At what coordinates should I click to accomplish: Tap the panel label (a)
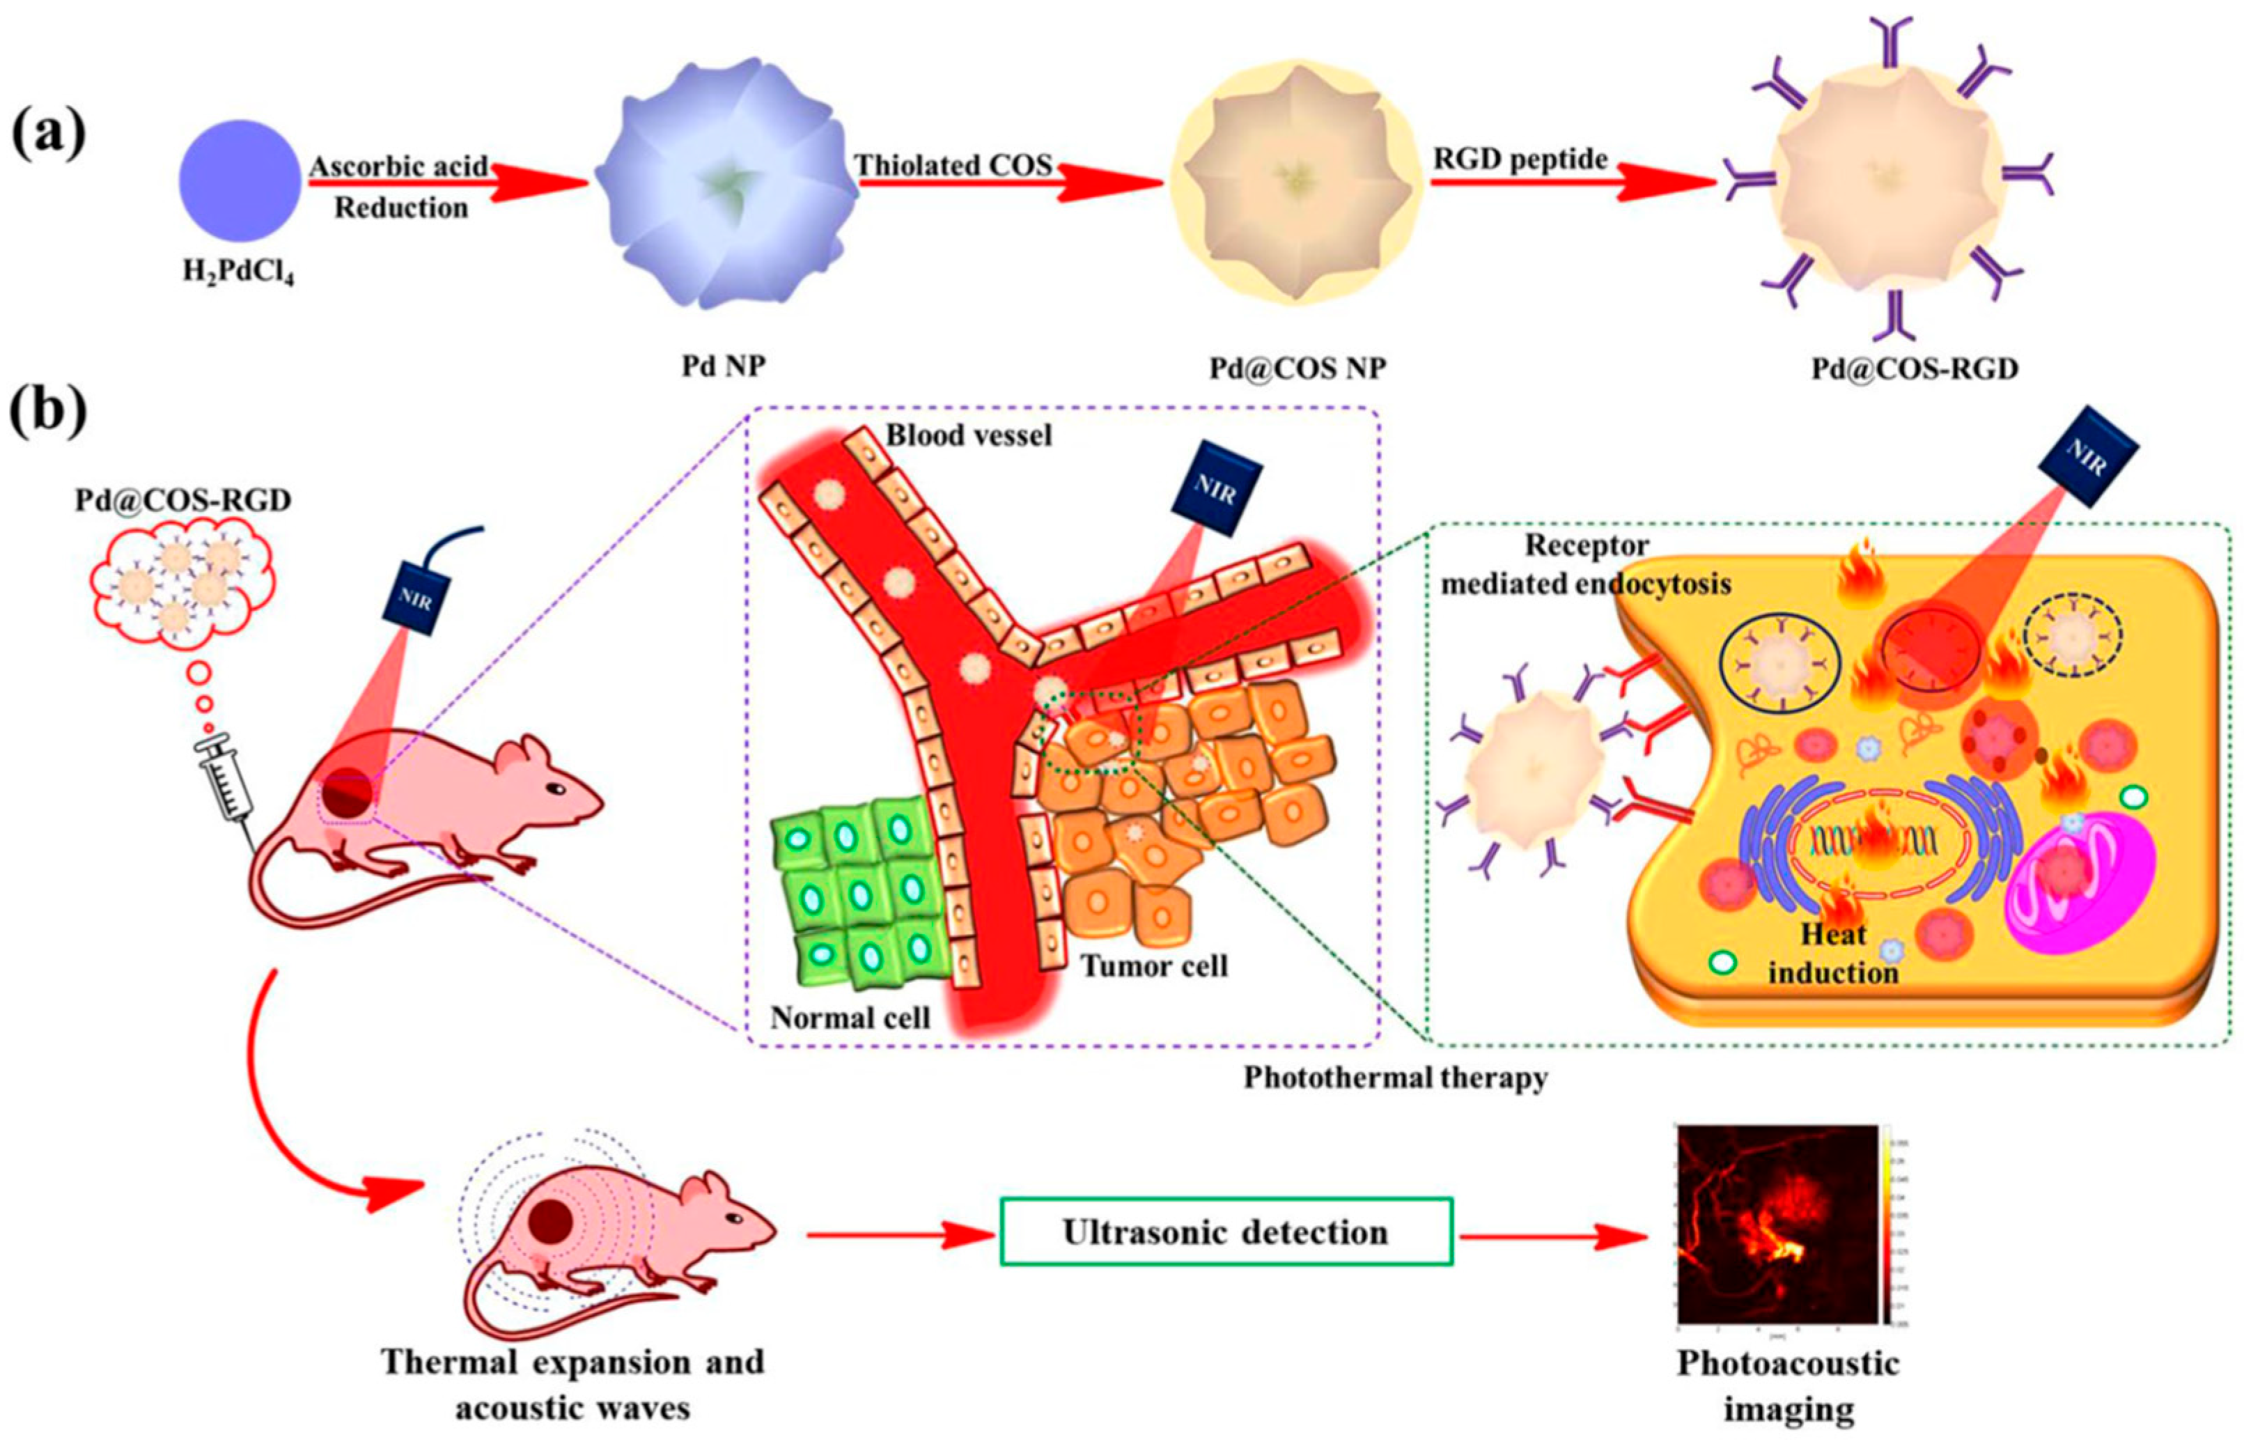49,134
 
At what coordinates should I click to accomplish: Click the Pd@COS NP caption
1296,368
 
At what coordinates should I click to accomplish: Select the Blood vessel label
969,435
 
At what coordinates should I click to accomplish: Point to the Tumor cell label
1154,965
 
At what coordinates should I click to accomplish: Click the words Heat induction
1832,954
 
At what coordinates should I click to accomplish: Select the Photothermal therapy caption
1395,1078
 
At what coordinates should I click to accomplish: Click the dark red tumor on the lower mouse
550,1221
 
